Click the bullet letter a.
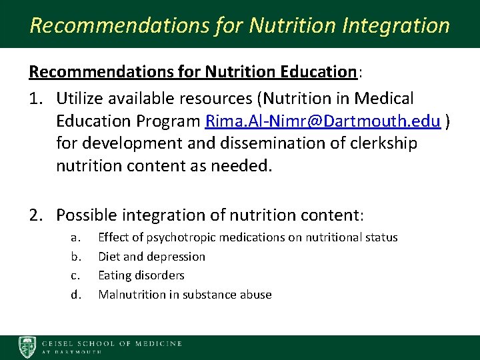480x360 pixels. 75,237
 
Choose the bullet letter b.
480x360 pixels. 75,257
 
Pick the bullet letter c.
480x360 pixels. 75,275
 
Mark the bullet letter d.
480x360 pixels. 75,295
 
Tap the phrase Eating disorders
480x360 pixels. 141,275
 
